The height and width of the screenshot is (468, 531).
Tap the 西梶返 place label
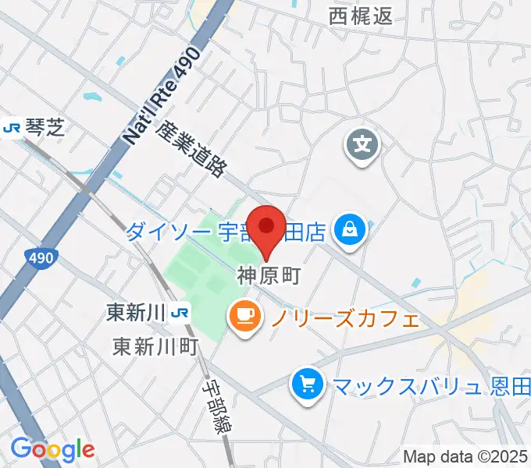point(360,15)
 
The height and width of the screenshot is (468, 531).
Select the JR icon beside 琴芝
point(12,126)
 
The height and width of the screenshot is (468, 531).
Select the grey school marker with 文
point(362,145)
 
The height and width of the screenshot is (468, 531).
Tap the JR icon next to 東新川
point(181,313)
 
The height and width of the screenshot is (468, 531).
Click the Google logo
point(52,449)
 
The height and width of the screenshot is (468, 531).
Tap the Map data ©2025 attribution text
point(466,456)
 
